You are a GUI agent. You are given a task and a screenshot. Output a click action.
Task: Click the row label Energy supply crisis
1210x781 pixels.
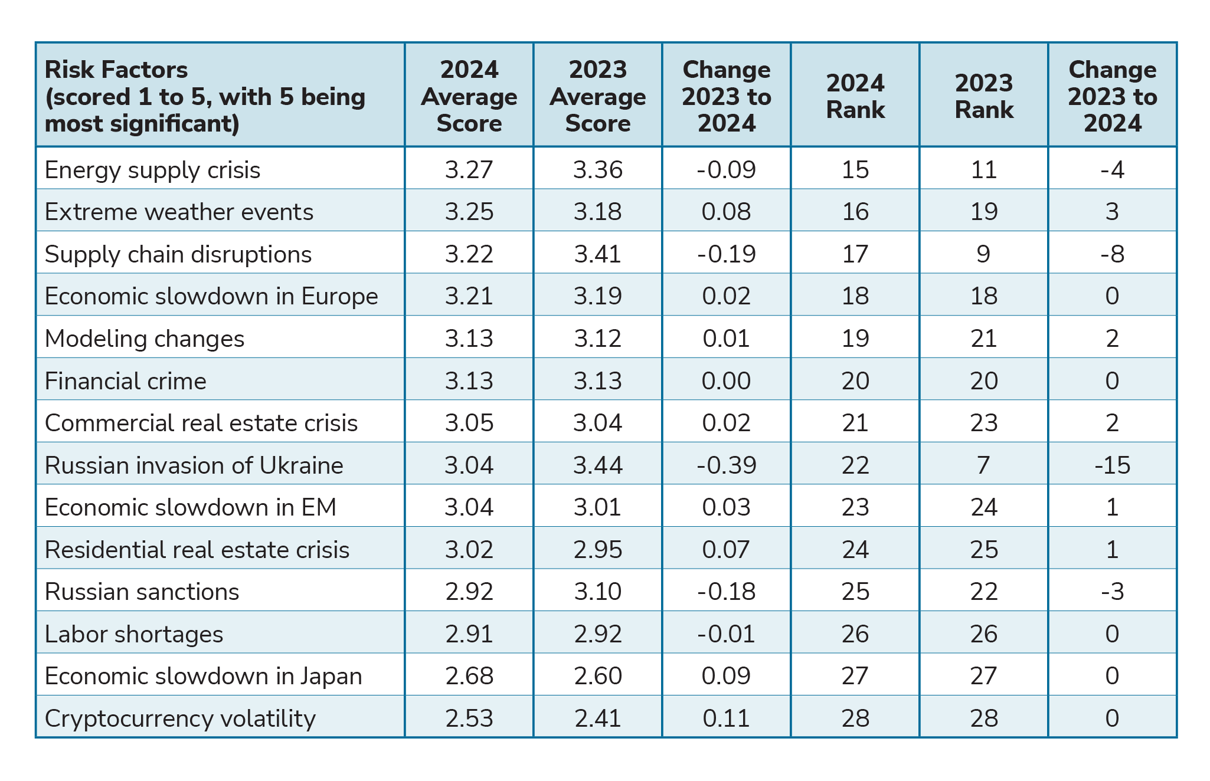(152, 170)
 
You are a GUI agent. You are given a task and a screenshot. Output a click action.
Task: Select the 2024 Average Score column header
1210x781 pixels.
(469, 97)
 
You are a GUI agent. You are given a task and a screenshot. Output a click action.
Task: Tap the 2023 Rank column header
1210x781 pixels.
(983, 97)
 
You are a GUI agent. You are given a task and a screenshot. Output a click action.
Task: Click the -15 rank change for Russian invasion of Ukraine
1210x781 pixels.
(1112, 465)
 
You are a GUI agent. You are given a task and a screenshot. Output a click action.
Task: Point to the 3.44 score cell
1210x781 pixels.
(597, 465)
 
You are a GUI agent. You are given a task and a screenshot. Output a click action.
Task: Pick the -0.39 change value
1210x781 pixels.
(726, 465)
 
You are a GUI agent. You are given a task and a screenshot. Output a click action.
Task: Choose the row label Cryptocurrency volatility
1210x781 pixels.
(180, 718)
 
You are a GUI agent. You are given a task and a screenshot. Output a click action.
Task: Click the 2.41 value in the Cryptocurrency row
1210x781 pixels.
(597, 718)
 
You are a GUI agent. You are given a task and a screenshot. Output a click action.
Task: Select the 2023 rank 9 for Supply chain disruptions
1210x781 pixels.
(983, 254)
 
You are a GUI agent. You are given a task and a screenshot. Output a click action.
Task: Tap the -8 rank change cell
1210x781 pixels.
(1112, 254)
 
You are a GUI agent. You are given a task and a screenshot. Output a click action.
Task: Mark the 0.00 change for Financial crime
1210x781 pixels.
(726, 381)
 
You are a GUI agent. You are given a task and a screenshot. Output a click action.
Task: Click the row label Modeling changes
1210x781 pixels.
(144, 339)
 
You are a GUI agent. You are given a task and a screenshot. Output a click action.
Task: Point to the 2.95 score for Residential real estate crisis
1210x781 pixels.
(597, 550)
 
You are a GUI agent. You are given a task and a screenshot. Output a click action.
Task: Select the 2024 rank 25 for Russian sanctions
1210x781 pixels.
(855, 592)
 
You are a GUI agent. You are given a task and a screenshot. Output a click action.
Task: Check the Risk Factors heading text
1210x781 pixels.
(116, 70)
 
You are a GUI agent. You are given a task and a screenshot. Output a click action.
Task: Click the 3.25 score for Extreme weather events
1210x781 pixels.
(469, 212)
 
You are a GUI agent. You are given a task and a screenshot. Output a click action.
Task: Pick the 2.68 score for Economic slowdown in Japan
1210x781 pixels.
(469, 676)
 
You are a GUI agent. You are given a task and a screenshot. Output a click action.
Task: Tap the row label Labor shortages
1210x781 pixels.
(134, 634)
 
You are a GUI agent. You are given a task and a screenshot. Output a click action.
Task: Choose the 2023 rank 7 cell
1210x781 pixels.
(983, 465)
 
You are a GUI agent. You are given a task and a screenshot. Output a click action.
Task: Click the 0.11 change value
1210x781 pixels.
(726, 718)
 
